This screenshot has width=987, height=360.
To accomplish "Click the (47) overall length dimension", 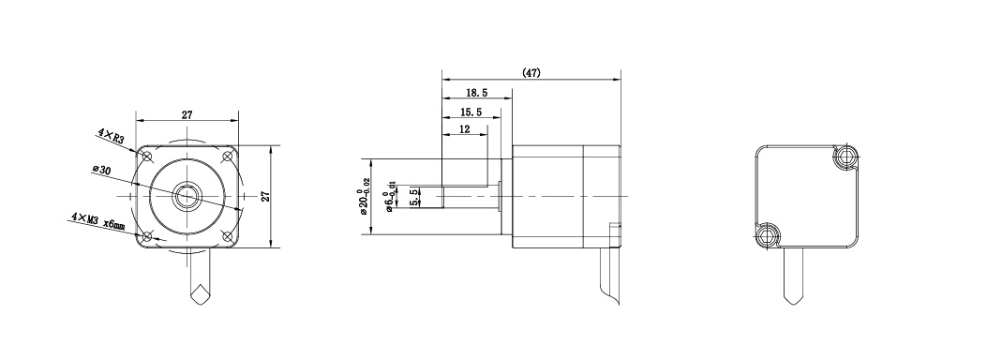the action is (x=531, y=73).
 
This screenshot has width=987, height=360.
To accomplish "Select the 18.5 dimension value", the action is (x=476, y=93).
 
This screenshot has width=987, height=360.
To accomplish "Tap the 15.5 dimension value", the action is (x=471, y=112).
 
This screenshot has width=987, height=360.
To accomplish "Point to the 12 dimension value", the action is (x=465, y=129).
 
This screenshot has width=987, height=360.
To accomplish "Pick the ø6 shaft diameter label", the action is (x=391, y=197).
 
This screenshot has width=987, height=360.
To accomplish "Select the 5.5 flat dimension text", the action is (x=413, y=197).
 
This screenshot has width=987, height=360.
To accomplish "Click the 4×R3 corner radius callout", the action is (x=111, y=136).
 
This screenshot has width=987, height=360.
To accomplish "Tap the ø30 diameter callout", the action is (x=102, y=171).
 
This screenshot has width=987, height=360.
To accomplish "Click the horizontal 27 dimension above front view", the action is (x=187, y=114).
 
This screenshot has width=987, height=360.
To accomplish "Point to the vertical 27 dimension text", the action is (x=265, y=196).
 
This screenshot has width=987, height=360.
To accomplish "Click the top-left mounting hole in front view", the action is (x=147, y=156).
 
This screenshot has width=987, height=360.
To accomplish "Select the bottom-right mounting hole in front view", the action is (x=227, y=236).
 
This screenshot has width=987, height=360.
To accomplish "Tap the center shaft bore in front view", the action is (x=187, y=196).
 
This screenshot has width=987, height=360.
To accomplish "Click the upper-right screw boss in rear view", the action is (x=846, y=156).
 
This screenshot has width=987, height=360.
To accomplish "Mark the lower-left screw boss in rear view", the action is (x=766, y=236).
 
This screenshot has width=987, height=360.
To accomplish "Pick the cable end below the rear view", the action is (x=793, y=298).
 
